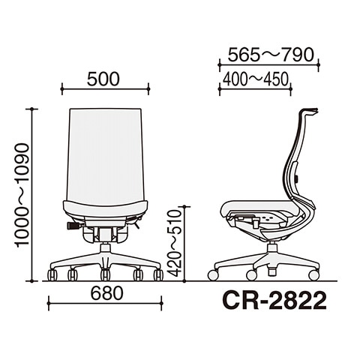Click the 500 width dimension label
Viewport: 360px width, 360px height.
[103, 79]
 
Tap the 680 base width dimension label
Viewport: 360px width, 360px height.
[106, 293]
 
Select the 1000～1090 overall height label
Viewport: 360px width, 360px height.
[23, 195]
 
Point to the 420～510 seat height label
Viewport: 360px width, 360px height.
[175, 243]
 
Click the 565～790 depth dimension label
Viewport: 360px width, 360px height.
[271, 55]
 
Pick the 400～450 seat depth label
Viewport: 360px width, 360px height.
[256, 79]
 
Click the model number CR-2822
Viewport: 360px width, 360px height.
[274, 301]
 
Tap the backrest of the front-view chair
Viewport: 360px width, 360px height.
[105, 155]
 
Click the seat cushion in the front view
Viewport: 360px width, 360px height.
[105, 209]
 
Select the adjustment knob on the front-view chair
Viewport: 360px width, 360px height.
[73, 226]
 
